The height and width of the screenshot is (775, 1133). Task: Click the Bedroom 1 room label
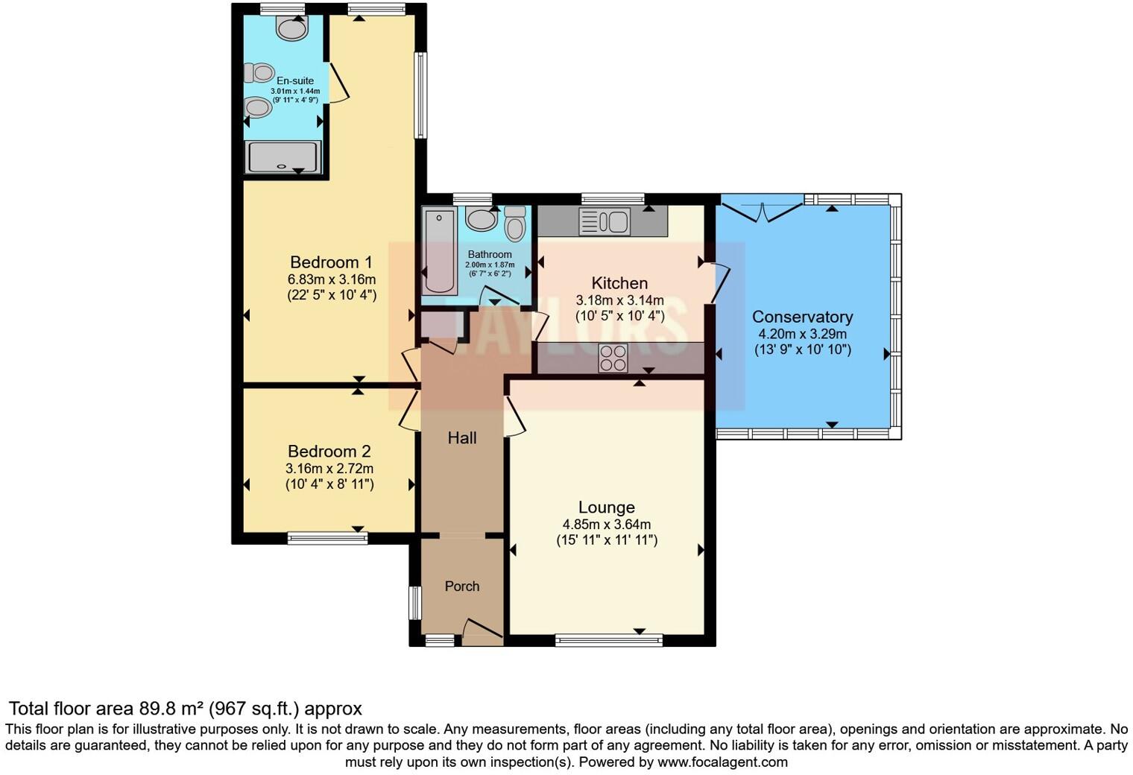point(331,262)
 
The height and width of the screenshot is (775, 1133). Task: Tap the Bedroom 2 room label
point(329,452)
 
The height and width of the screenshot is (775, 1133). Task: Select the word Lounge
point(606,507)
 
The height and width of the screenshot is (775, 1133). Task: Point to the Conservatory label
point(802,317)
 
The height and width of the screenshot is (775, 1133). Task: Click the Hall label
point(462,438)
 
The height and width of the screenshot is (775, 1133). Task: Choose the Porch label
point(462,586)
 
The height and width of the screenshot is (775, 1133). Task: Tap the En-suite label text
point(295,80)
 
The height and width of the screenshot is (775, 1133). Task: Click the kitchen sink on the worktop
point(605,221)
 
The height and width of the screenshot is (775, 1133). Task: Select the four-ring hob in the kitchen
point(613,358)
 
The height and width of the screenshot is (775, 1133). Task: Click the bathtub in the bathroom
point(439,252)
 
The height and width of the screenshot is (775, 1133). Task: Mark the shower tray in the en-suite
point(283,157)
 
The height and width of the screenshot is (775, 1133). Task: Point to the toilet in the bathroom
point(515,224)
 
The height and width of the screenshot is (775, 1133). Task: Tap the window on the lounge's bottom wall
point(609,639)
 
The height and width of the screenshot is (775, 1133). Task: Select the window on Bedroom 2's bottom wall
point(327,537)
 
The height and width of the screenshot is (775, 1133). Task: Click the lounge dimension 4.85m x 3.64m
point(607,525)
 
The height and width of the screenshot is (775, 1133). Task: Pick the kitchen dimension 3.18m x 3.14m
point(619,300)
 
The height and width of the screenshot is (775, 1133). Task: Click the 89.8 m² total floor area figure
point(171,708)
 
